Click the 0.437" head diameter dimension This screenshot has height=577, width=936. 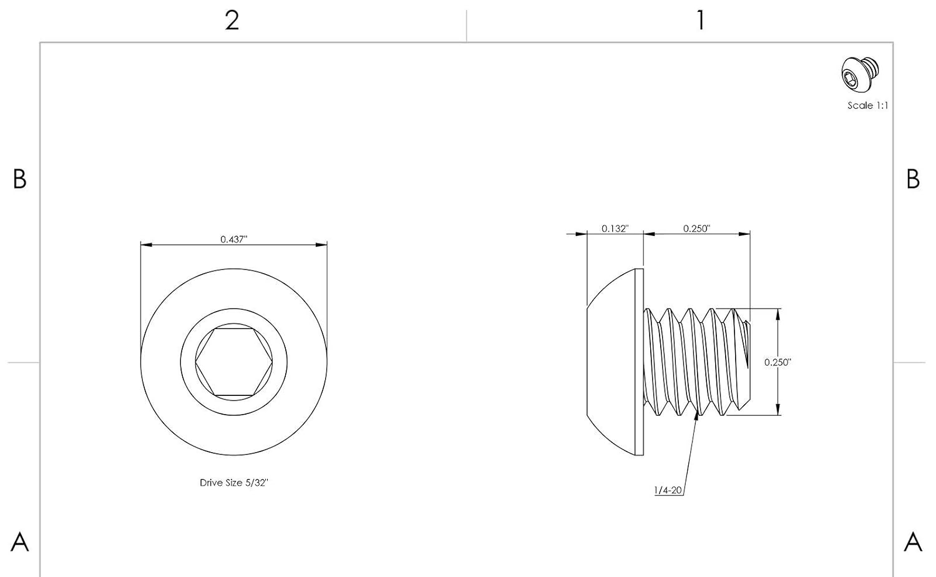point(233,239)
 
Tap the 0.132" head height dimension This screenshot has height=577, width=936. point(615,229)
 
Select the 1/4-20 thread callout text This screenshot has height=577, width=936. point(668,490)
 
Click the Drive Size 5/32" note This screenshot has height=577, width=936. point(233,483)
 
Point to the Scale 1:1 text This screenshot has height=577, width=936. point(867,106)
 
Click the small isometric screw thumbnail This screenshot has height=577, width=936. point(860,74)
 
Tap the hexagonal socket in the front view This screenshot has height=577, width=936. point(233,362)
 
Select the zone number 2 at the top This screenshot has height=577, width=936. point(232,20)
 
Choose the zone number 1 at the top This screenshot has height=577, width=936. point(701,20)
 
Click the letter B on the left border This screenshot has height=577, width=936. point(19,179)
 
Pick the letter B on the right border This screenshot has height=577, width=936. point(913,179)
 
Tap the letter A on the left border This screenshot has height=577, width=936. point(19,542)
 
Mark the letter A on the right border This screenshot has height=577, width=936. point(913,542)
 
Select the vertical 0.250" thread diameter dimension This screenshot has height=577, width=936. point(778,362)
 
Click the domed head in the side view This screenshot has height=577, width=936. point(615,362)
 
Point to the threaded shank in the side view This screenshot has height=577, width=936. point(696,362)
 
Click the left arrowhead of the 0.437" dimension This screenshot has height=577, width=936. point(146,245)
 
